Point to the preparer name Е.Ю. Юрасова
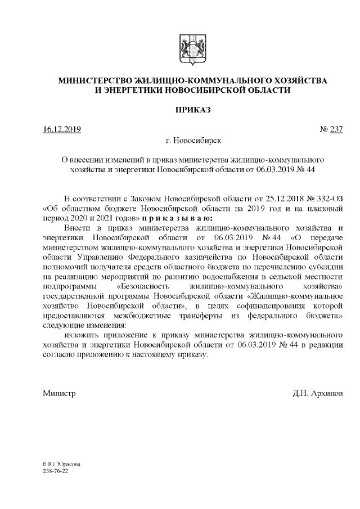click(61, 464)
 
